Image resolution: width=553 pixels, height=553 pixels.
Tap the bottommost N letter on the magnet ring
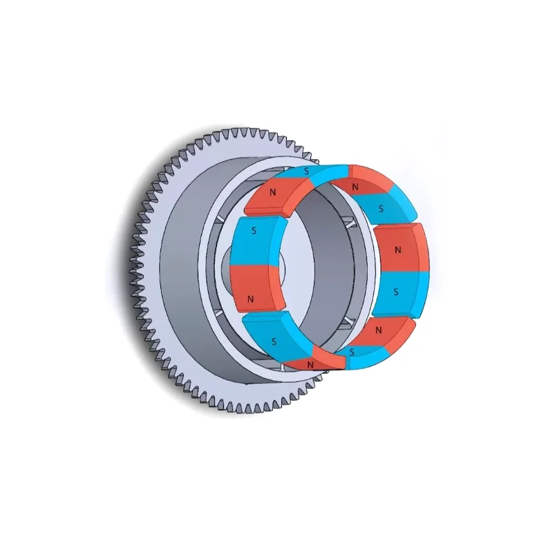tap(310, 364)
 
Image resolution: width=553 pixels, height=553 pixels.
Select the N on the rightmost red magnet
tap(396, 249)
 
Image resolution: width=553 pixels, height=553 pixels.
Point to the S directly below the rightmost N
tap(395, 292)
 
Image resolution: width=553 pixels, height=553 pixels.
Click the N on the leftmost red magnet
tap(250, 299)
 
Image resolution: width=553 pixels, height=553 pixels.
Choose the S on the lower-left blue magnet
tap(274, 341)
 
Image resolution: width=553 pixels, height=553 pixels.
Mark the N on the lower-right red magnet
tap(378, 331)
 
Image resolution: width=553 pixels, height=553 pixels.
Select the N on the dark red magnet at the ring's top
tap(355, 187)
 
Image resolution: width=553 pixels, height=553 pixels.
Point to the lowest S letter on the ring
tap(352, 353)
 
